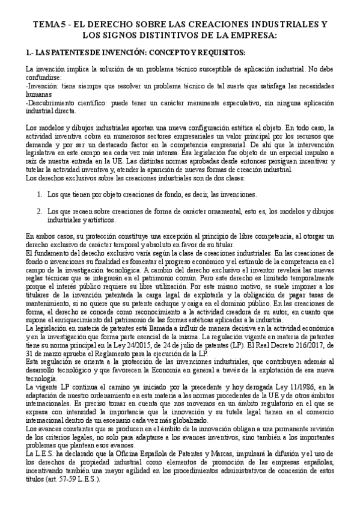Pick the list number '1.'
40,195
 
